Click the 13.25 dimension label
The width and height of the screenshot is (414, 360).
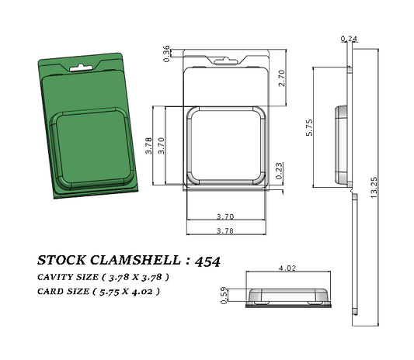374,188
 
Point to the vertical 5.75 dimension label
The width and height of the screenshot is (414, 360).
310,128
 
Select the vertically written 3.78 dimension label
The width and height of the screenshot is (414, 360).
148,147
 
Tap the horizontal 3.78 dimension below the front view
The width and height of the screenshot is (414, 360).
224,230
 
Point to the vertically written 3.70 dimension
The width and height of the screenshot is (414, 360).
161,147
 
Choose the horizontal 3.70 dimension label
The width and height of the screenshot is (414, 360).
224,216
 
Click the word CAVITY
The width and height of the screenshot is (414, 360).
57,277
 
